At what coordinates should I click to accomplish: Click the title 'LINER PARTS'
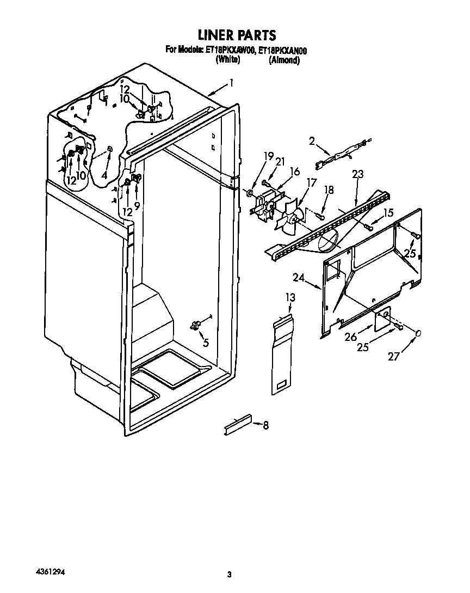pyautogui.click(x=237, y=35)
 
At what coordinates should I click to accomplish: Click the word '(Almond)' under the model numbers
pyautogui.click(x=284, y=60)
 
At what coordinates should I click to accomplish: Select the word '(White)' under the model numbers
pyautogui.click(x=228, y=60)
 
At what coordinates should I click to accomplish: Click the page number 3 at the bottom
pyautogui.click(x=230, y=574)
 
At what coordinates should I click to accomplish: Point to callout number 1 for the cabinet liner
pyautogui.click(x=232, y=83)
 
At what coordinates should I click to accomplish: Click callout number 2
pyautogui.click(x=312, y=142)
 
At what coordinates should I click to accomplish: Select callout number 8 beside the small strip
pyautogui.click(x=265, y=425)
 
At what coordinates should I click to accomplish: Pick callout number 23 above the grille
pyautogui.click(x=357, y=175)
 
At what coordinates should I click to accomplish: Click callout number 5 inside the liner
pyautogui.click(x=205, y=343)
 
